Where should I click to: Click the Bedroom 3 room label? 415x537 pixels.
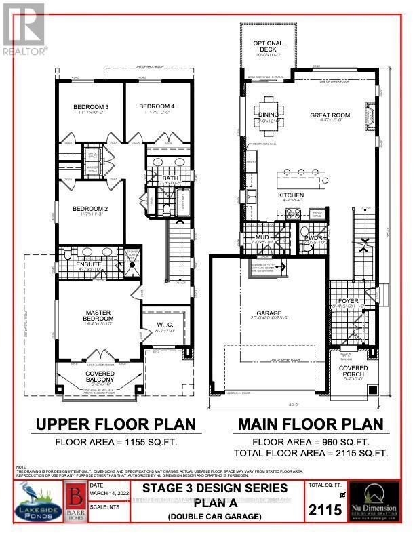pyautogui.click(x=92, y=107)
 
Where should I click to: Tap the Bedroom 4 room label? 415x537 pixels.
pyautogui.click(x=157, y=107)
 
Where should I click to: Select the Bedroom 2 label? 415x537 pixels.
pyautogui.click(x=92, y=209)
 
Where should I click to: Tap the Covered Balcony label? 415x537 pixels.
pyautogui.click(x=100, y=376)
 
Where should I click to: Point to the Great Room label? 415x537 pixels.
pyautogui.click(x=330, y=115)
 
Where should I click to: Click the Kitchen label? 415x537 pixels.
pyautogui.click(x=290, y=195)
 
